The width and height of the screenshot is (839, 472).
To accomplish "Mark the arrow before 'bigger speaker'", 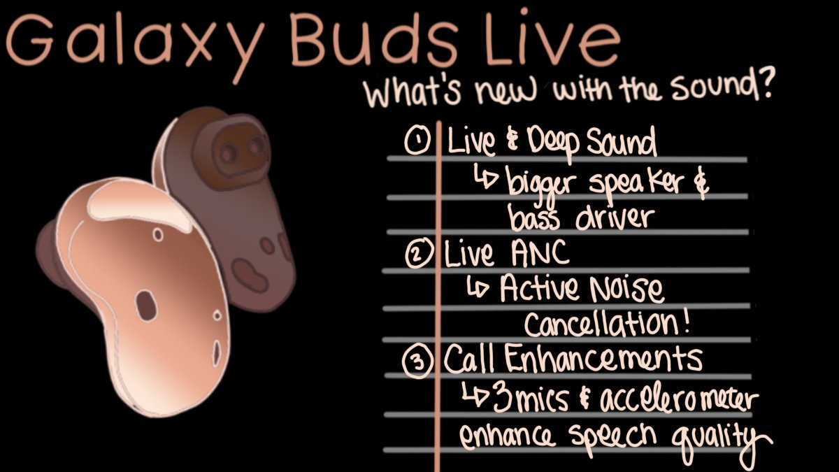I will (x=487, y=180).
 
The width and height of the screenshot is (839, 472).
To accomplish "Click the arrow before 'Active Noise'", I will (x=480, y=288).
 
